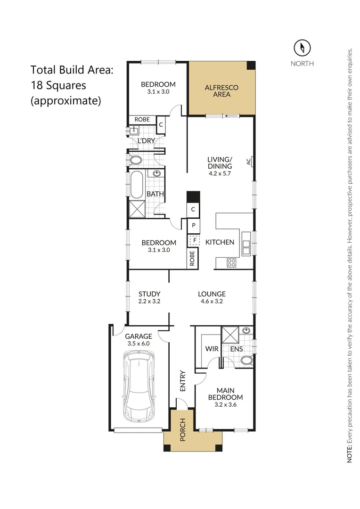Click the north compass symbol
pyautogui.click(x=302, y=48)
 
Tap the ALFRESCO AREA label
pyautogui.click(x=221, y=91)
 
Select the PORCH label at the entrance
pyautogui.click(x=183, y=430)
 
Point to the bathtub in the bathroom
pyautogui.click(x=137, y=185)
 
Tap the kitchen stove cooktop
pyautogui.click(x=231, y=263)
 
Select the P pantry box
pyautogui.click(x=193, y=225)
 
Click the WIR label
pyautogui.click(x=211, y=349)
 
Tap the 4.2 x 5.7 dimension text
pyautogui.click(x=220, y=173)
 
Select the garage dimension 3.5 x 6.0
pyautogui.click(x=139, y=344)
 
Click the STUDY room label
pyautogui.click(x=149, y=294)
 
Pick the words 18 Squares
pyautogui.click(x=58, y=85)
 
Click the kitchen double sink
pyautogui.click(x=245, y=244)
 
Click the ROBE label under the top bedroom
pyautogui.click(x=142, y=120)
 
